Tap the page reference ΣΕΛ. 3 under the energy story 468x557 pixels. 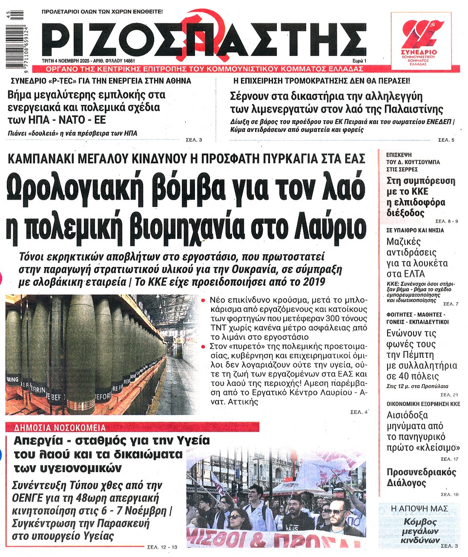click(194, 140)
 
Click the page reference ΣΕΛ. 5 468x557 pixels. click(446, 140)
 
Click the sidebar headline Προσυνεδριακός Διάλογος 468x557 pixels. click(421, 478)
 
